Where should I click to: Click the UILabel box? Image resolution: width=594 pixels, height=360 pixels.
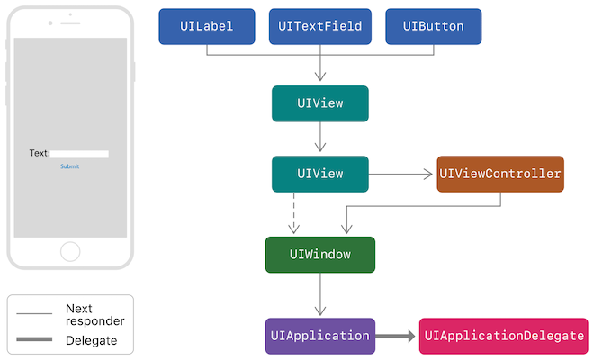coord(207,27)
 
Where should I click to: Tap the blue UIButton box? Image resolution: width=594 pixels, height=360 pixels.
coord(433,27)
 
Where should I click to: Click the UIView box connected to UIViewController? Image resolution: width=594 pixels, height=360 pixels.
coord(319,174)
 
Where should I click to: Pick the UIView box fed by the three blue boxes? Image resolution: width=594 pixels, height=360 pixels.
coord(319,103)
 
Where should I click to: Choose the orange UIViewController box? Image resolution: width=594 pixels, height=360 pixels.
coord(500,174)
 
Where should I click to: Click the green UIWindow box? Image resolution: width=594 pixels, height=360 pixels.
coord(319,255)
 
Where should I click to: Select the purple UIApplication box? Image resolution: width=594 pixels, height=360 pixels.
coord(319,336)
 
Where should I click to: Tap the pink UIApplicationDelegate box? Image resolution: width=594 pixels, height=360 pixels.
coord(503,336)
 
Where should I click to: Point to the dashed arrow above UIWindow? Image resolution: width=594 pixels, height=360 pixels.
coord(293,214)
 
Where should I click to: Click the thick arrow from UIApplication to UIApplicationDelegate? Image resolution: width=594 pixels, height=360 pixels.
coord(396,336)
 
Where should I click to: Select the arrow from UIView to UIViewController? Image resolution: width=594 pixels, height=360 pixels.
coord(401,174)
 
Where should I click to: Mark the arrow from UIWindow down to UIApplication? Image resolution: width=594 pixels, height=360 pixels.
coord(319,294)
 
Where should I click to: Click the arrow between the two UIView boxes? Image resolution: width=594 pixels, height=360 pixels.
coord(319,139)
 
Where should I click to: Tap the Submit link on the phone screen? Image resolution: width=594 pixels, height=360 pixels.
coord(69,166)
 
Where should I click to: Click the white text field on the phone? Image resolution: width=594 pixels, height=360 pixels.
coord(79,154)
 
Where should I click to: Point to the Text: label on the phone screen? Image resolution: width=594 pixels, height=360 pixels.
coord(40,154)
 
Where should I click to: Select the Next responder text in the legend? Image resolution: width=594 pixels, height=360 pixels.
coord(94,315)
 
